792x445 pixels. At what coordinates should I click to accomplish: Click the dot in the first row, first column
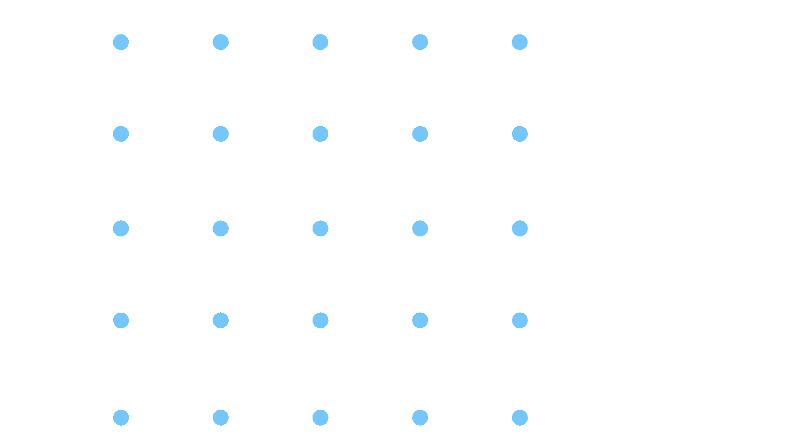[121, 42]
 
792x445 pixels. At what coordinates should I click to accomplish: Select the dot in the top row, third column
[320, 42]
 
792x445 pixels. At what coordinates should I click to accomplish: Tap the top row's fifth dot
[520, 42]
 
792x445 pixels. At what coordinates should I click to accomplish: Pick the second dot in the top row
[221, 42]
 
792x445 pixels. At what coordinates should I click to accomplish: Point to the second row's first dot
[121, 134]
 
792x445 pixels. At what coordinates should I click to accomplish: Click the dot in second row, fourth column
[420, 134]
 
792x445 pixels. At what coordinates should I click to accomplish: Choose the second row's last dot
[520, 134]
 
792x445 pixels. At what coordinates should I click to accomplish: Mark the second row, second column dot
[221, 134]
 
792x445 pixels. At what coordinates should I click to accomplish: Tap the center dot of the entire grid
[320, 228]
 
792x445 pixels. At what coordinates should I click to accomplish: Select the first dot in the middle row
[121, 228]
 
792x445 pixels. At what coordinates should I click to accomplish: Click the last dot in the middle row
[520, 228]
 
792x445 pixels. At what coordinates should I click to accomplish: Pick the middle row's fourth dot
[420, 228]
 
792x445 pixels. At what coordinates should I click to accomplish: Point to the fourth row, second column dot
[221, 320]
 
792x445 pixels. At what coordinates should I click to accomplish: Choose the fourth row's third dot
[320, 320]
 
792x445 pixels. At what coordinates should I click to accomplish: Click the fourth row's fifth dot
[520, 320]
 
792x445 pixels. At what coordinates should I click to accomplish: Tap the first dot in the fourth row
[121, 320]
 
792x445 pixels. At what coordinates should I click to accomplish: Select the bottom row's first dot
[121, 417]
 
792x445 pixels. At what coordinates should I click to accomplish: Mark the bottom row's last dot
[520, 417]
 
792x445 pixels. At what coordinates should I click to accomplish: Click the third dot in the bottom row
[320, 417]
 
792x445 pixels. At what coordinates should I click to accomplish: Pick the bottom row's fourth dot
[420, 417]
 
